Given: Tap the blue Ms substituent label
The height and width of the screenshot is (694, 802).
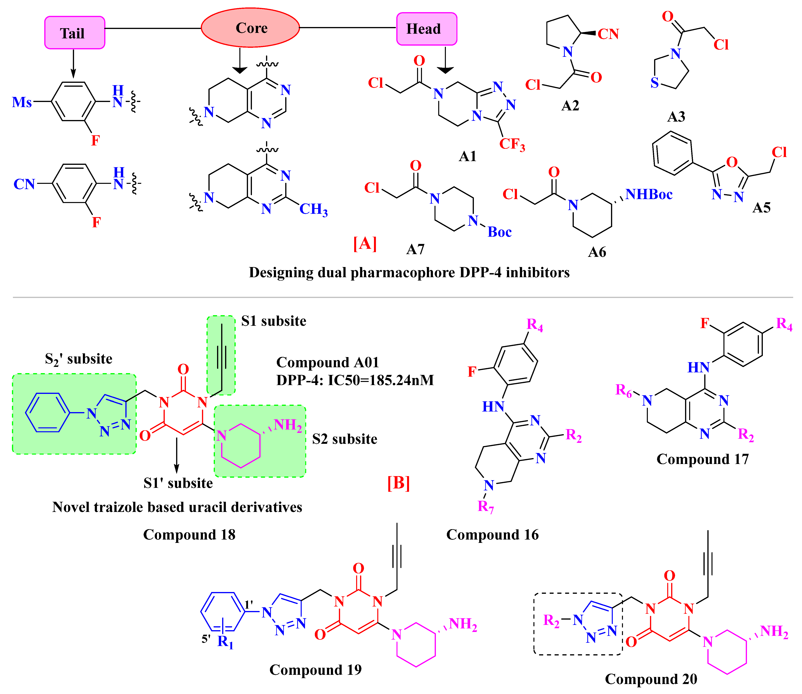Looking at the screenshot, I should coord(22,102).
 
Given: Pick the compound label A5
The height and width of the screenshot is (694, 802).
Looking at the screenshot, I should coord(761,208).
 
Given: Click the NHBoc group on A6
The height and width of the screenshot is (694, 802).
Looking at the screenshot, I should coord(649,194).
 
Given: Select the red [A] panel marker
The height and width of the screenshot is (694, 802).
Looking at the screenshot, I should coord(365,244).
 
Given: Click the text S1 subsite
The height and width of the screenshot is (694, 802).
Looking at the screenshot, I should coord(273,321).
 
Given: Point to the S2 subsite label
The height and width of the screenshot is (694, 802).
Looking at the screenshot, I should coord(344,439).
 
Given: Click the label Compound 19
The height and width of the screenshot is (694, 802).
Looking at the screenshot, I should coord(315,670).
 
